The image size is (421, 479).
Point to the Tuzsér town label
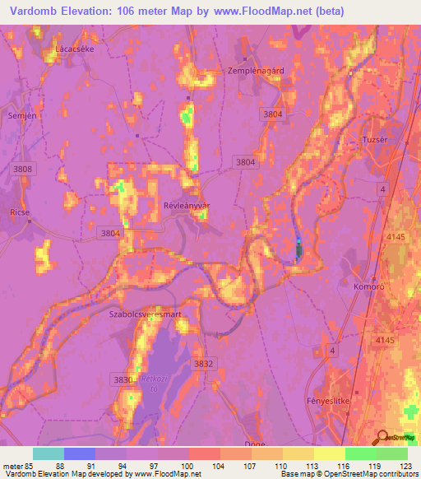pyautogui.click(x=374, y=140)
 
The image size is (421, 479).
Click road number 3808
pyautogui.click(x=24, y=169)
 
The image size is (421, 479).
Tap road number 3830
pyautogui.click(x=122, y=379)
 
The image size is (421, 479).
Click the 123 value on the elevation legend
pyautogui.click(x=405, y=466)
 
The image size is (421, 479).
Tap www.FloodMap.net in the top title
pyautogui.click(x=254, y=12)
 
